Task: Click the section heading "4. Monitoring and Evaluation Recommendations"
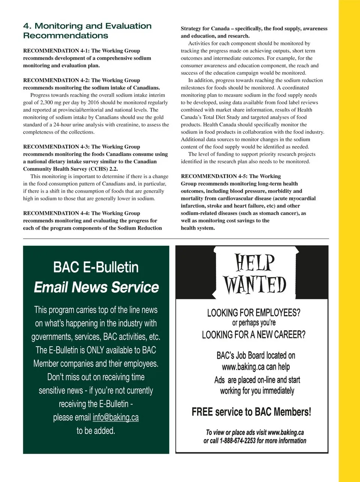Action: [87, 31]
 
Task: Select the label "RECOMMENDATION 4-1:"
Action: [51, 51]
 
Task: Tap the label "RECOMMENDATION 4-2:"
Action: [51, 80]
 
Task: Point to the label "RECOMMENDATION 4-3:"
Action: [51, 147]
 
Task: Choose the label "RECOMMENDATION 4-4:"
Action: [51, 213]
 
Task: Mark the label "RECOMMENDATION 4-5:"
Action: [209, 176]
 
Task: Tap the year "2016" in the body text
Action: [93, 102]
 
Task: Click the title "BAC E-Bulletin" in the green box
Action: [96, 267]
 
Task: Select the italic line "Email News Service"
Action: [96, 287]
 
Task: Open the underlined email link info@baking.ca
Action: [115, 417]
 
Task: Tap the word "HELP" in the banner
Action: [255, 262]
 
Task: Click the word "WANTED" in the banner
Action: [255, 285]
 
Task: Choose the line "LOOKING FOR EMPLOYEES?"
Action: [254, 312]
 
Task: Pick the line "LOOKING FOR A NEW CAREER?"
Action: [254, 335]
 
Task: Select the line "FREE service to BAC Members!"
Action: [251, 412]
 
